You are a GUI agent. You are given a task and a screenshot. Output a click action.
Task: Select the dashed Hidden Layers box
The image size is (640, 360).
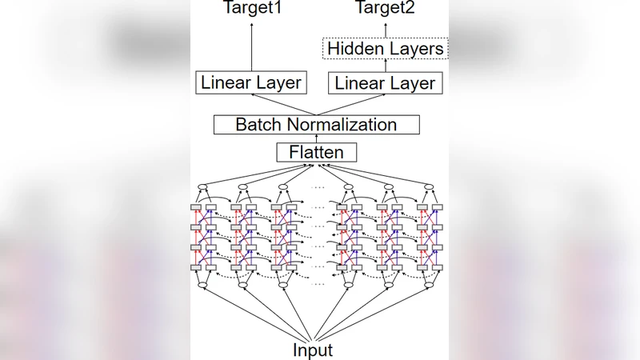click(x=386, y=49)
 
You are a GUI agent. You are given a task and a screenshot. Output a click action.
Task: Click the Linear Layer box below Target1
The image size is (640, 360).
click(x=251, y=82)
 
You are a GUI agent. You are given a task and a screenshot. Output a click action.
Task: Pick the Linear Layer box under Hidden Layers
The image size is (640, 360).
click(x=386, y=82)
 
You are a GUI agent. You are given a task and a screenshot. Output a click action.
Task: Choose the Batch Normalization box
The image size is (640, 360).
click(x=316, y=124)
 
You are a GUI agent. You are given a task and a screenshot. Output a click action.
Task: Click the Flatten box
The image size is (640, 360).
click(x=316, y=151)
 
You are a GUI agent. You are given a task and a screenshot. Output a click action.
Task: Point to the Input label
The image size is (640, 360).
click(x=313, y=350)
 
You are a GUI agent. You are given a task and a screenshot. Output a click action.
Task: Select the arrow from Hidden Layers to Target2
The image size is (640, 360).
click(x=386, y=30)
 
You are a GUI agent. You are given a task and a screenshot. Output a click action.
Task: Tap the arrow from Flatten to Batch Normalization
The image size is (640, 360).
click(x=316, y=138)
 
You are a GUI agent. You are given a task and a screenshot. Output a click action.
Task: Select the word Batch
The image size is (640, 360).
click(x=254, y=124)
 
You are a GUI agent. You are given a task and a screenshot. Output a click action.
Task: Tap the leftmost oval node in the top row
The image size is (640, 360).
click(x=202, y=187)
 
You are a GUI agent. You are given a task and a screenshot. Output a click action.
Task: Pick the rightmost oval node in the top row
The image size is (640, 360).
click(x=429, y=187)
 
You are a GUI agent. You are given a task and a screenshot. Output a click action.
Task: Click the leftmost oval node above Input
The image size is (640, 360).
click(x=202, y=285)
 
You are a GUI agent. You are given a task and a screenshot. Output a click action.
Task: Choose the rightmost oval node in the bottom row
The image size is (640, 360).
click(x=429, y=285)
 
